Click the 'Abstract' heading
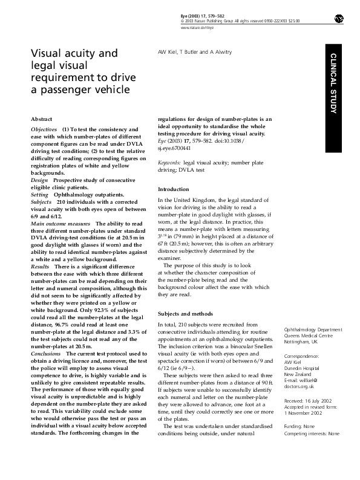(42, 119)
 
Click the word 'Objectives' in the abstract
(44, 130)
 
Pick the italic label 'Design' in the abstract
(39, 181)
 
